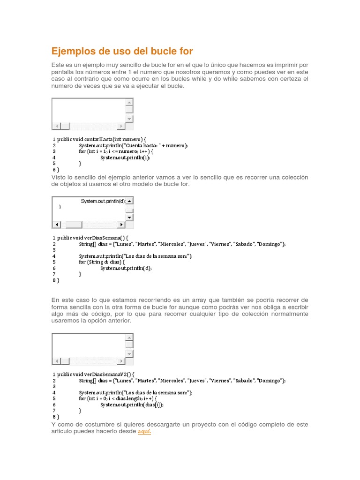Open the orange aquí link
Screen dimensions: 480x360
pyautogui.click(x=144, y=431)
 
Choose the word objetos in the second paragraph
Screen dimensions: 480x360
pyautogui.click(x=71, y=184)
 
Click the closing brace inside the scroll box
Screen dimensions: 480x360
pyautogui.click(x=60, y=207)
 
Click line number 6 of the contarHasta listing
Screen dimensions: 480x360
pyautogui.click(x=54, y=170)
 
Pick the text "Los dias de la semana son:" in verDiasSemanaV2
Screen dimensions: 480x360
pyautogui.click(x=157, y=392)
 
